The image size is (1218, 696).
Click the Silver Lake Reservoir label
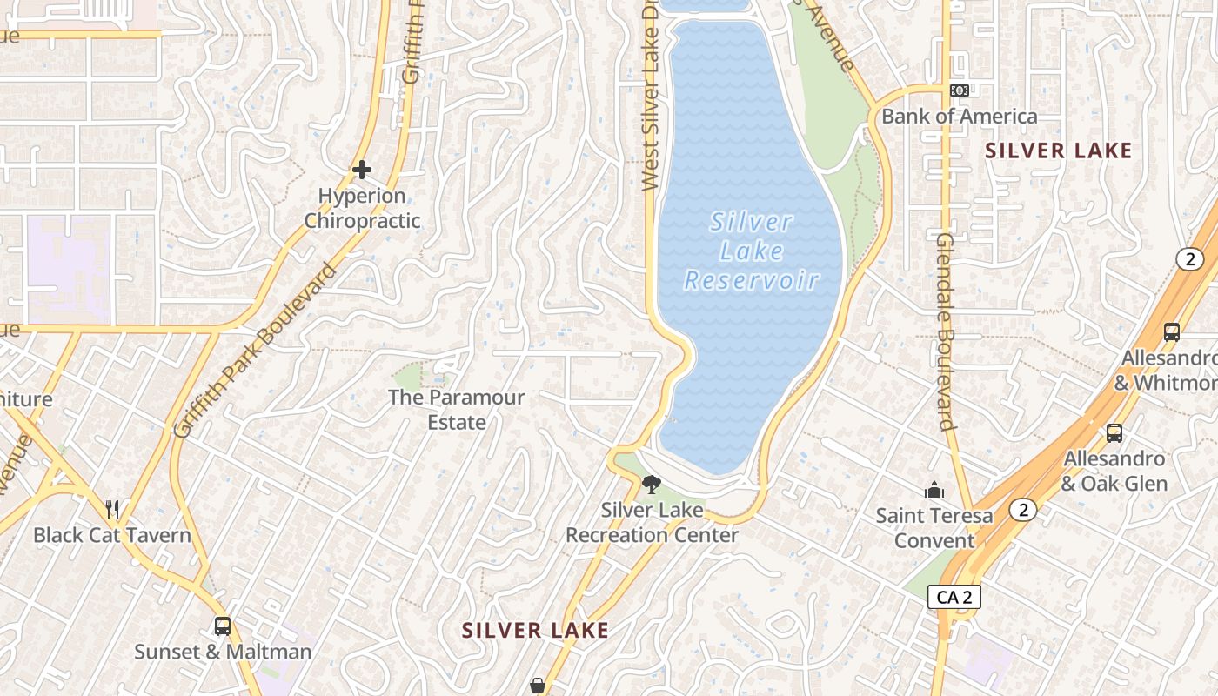(x=752, y=251)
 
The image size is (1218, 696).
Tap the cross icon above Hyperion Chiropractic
(x=362, y=169)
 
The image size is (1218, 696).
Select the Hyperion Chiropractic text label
(x=362, y=209)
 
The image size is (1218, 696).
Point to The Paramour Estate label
(x=456, y=410)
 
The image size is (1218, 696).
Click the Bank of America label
(x=960, y=117)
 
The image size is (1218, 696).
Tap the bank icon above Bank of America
(x=960, y=90)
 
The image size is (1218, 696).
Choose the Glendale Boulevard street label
(x=947, y=331)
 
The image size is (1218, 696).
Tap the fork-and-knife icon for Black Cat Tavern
(x=112, y=509)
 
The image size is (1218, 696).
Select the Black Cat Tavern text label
(x=112, y=534)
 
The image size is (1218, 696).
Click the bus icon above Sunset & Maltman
(x=223, y=626)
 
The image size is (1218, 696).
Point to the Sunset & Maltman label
(x=223, y=651)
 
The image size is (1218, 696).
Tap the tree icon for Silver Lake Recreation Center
(x=651, y=485)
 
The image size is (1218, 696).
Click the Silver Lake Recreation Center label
(x=652, y=522)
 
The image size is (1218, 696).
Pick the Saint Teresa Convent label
(x=934, y=527)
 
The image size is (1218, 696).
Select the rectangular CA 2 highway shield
(x=954, y=597)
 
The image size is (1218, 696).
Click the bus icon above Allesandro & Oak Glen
(x=1114, y=432)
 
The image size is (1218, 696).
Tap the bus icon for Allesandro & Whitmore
(x=1172, y=331)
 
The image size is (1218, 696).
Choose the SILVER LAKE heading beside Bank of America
(x=1059, y=151)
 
